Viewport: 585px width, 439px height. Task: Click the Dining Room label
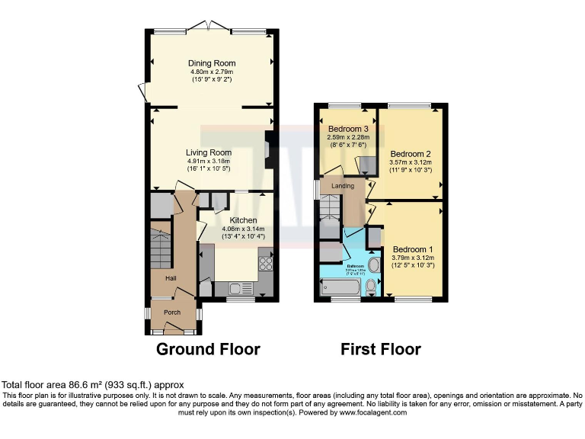pos(212,63)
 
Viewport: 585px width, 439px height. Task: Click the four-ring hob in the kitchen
pos(267,263)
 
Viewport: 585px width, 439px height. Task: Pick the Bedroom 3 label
pos(344,130)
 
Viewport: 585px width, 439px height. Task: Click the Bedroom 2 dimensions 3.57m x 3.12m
pos(411,162)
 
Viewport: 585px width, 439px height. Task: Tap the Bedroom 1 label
pos(413,249)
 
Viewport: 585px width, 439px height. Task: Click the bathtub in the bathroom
pos(340,287)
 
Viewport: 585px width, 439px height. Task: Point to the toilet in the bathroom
pos(372,287)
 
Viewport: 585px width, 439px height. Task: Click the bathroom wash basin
pos(373,238)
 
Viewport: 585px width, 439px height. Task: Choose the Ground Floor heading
pos(208,350)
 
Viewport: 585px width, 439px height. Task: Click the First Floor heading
pos(381,350)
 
